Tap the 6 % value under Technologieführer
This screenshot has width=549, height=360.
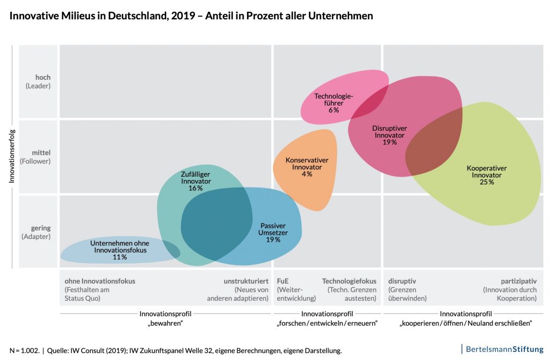[x=333, y=110]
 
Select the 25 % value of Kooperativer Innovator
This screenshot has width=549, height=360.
[x=487, y=182]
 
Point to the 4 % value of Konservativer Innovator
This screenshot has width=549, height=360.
[x=307, y=174]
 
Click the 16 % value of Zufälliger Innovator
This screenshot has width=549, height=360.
[x=196, y=188]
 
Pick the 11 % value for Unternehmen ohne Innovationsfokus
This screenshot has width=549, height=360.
[x=120, y=257]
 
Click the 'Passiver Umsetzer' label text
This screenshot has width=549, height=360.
[x=273, y=229]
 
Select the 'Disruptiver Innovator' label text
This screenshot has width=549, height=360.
[x=390, y=132]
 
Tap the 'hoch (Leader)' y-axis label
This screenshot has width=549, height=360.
[x=39, y=81]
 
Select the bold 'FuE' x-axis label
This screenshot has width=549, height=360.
[x=283, y=281]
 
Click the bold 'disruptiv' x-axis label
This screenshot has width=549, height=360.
[x=402, y=281]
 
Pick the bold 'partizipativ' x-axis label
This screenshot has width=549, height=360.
[x=518, y=281]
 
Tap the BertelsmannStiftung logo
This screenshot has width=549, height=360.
[x=504, y=349]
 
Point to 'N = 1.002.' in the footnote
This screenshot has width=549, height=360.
[x=24, y=350]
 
